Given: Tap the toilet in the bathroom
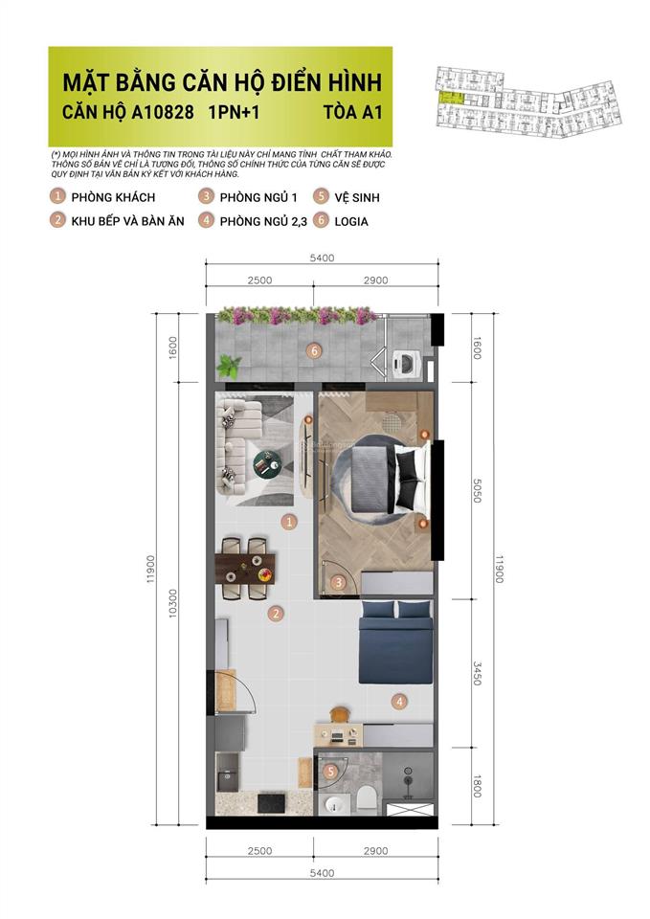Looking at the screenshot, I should (366, 799).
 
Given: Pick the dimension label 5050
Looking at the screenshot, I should (467, 491).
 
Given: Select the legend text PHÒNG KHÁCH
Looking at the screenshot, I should (113, 197).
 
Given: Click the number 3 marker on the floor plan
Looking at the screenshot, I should (337, 581).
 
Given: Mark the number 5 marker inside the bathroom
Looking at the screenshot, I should (330, 771).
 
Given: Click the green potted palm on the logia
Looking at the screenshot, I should (229, 366).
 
